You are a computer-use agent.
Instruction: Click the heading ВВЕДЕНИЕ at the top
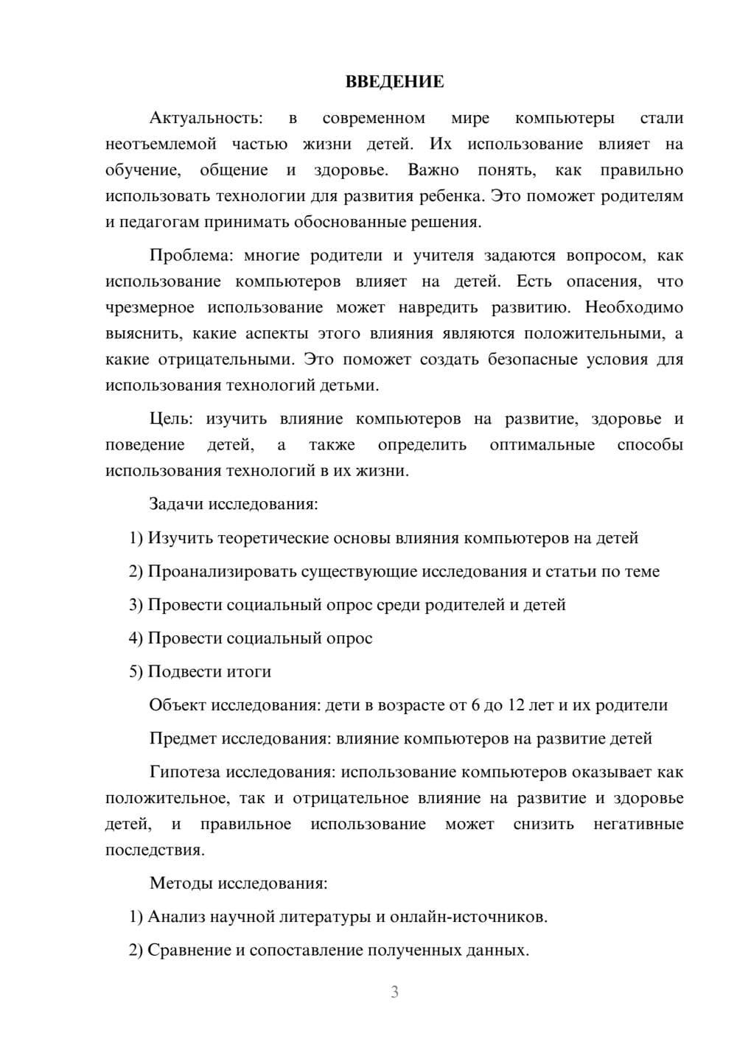click(x=394, y=82)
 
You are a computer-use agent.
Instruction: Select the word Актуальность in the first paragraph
click(x=205, y=118)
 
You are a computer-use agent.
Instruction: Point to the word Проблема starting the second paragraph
click(x=191, y=256)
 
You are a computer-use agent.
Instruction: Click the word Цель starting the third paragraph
click(x=171, y=419)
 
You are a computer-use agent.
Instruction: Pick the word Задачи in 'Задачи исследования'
click(x=176, y=505)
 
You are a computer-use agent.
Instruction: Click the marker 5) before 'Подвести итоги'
click(x=136, y=672)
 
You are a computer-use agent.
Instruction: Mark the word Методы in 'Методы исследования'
click(x=178, y=884)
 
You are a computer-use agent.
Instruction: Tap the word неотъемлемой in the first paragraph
click(x=161, y=144)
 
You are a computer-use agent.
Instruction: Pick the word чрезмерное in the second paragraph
click(x=150, y=307)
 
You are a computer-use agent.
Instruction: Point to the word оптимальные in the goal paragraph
click(x=542, y=445)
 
